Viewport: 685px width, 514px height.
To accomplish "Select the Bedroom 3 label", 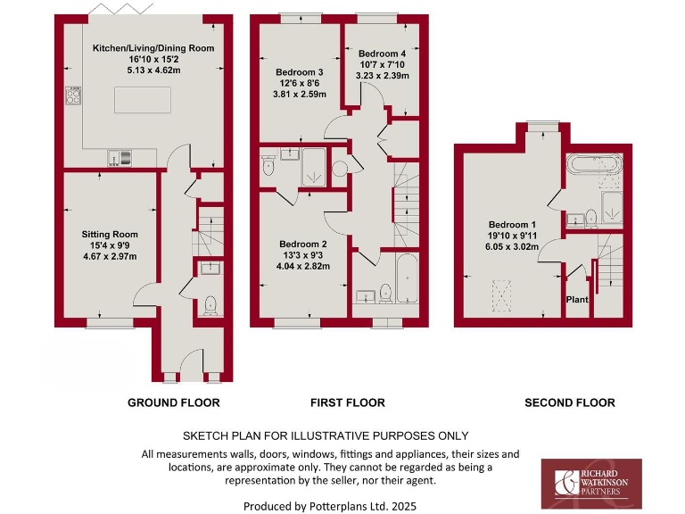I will pos(299,72).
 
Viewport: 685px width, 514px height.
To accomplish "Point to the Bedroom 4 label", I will pos(382,54).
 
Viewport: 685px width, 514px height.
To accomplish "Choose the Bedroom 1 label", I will pos(512,224).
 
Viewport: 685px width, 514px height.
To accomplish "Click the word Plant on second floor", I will pos(577,300).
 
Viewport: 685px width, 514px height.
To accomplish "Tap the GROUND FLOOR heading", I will pos(173,402).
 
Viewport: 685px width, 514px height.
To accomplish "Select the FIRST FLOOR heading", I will pos(348,402).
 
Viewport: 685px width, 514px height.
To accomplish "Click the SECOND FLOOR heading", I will pos(569,402).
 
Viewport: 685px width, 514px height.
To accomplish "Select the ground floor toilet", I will pos(210,304).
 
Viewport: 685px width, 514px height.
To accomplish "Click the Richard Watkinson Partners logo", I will pos(591,483).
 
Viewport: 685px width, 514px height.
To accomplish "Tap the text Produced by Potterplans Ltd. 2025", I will pos(330,505).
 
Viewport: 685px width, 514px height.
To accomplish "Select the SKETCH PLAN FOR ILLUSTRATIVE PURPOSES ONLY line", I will pos(326,435).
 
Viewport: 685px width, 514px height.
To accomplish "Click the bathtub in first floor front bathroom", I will pos(408,277).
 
